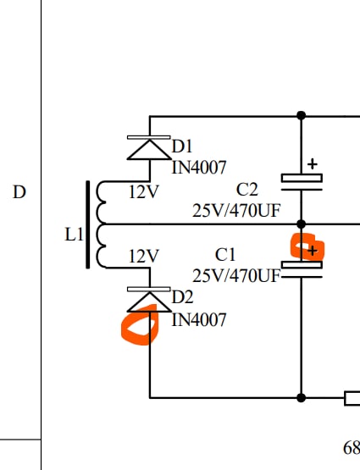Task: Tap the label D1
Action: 181,147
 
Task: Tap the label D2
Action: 182,297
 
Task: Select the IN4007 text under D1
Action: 199,168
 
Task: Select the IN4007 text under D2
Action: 199,320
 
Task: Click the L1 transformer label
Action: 74,235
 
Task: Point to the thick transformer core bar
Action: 88,224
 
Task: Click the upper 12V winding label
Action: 143,192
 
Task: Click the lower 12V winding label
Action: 143,257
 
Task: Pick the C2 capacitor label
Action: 246,190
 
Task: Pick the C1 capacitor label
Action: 225,255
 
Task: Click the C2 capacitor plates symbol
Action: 302,182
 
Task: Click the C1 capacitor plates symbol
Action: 302,269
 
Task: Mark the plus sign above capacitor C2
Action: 313,164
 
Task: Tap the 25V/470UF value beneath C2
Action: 236,211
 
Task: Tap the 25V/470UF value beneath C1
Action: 236,275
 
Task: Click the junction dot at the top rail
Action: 302,115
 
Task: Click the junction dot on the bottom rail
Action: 302,398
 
